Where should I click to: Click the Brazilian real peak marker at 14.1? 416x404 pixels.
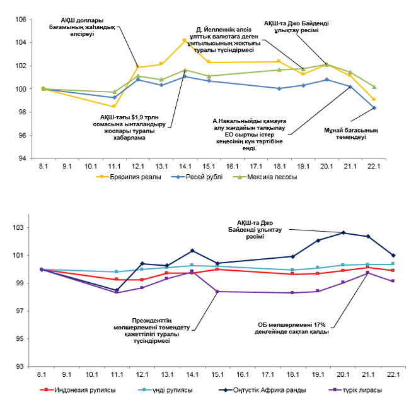(x=184, y=40)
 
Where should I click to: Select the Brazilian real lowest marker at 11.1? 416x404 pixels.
(x=114, y=106)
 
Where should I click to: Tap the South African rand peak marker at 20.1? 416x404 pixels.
(x=344, y=233)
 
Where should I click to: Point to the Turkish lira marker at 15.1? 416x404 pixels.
(x=217, y=292)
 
